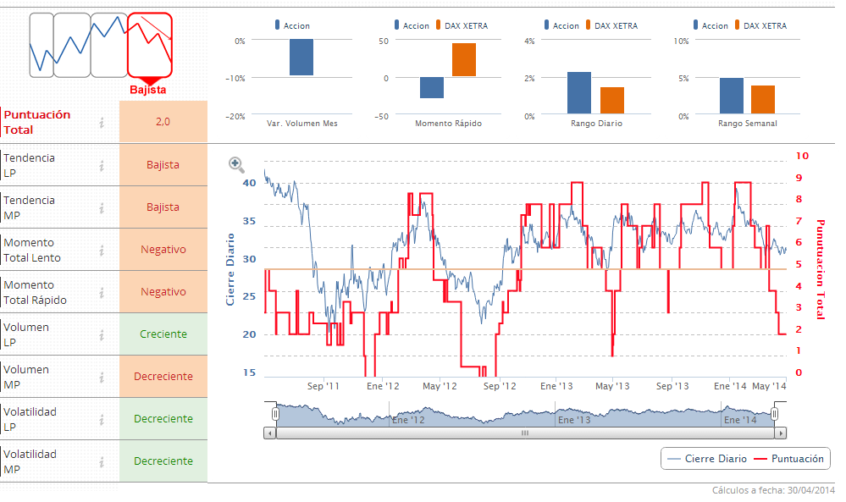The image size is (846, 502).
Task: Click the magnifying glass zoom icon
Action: click(236, 165)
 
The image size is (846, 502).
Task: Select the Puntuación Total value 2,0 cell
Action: click(163, 122)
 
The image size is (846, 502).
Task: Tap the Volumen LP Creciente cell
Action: click(163, 334)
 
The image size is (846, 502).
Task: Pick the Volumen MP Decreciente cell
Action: click(163, 377)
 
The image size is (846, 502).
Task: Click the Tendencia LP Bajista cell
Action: click(163, 165)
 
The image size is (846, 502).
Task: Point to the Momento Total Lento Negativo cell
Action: click(163, 250)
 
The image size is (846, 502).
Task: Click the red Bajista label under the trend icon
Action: click(148, 90)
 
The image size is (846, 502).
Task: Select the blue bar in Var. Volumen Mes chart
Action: click(301, 58)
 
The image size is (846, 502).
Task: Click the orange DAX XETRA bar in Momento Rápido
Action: click(464, 60)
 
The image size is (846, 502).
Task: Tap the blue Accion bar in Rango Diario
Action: click(579, 92)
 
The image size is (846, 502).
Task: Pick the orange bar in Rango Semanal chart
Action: click(763, 99)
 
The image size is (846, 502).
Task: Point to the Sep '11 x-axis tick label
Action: click(323, 386)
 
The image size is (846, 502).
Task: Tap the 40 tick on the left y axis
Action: click(249, 183)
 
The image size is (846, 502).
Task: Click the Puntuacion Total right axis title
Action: click(820, 269)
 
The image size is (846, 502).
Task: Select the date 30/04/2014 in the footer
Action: click(810, 490)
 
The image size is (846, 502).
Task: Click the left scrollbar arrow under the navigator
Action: click(270, 433)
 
